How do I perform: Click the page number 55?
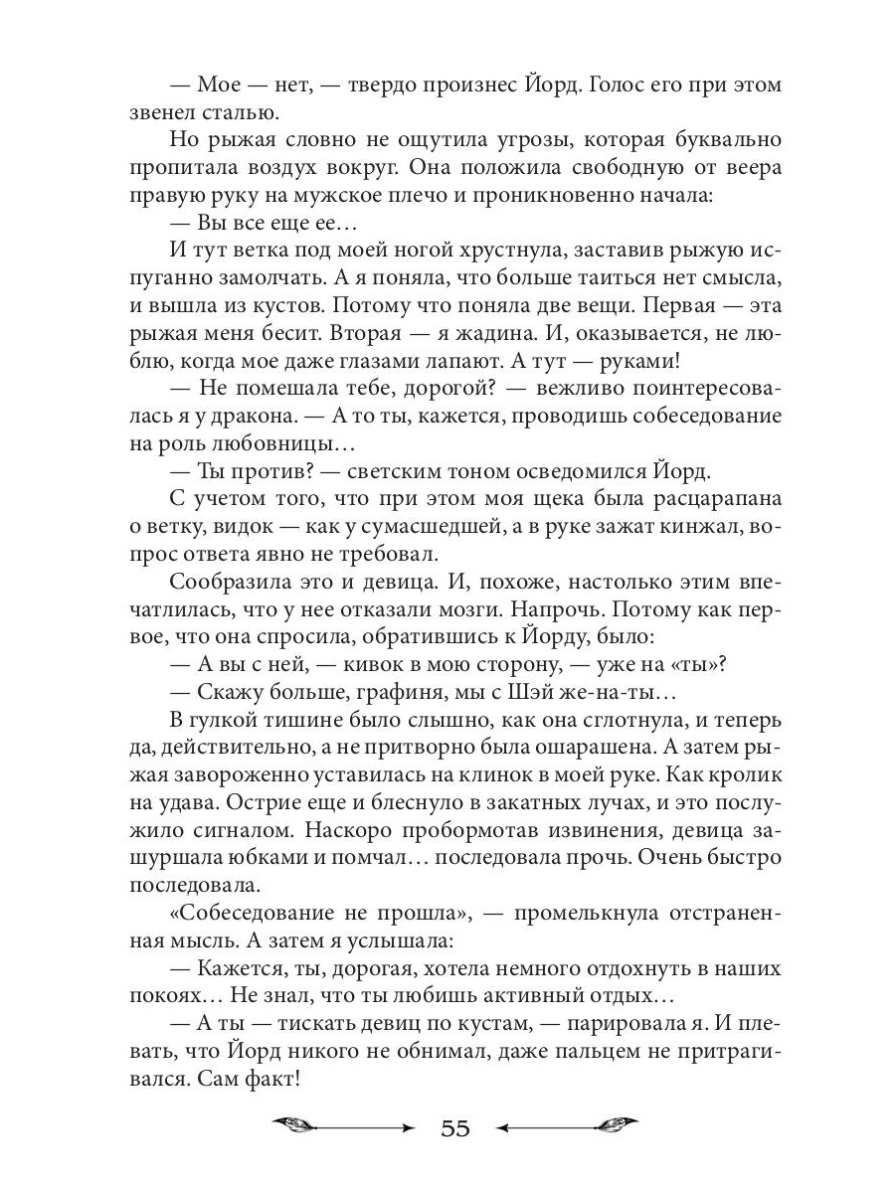click(453, 1128)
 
